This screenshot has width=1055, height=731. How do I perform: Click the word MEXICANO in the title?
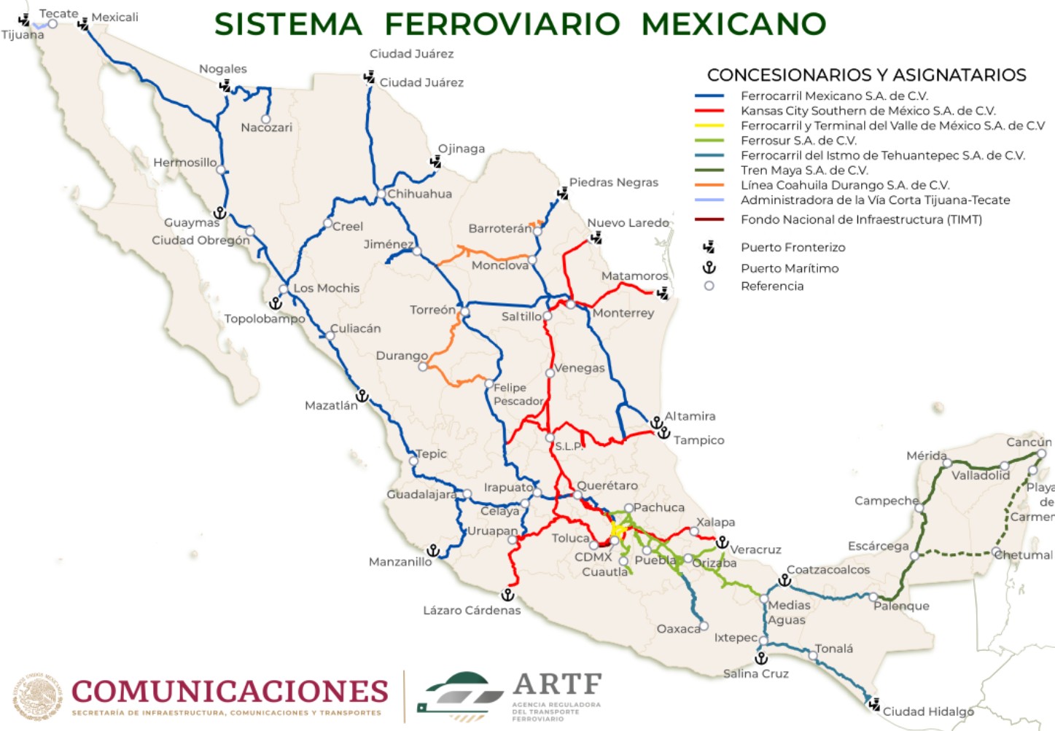click(x=733, y=24)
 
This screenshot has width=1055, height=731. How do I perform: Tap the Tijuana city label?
click(x=23, y=35)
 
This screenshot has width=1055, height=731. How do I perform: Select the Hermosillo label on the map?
click(x=184, y=163)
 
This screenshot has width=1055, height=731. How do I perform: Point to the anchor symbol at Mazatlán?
click(x=362, y=396)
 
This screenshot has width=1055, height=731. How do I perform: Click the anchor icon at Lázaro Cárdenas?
click(x=508, y=595)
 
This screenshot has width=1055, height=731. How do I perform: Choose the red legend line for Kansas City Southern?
click(x=709, y=111)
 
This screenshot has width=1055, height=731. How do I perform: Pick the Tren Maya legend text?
click(x=804, y=171)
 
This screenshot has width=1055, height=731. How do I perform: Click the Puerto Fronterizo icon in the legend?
click(x=709, y=247)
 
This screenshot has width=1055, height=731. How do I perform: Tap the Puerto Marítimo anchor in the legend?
click(x=709, y=267)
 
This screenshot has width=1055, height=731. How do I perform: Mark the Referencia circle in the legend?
click(x=709, y=286)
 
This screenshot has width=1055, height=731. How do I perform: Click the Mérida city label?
click(x=926, y=456)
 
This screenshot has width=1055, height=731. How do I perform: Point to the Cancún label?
click(x=1029, y=442)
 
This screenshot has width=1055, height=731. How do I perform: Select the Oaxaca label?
click(x=678, y=629)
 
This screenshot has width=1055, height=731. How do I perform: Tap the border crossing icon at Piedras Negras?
click(x=562, y=194)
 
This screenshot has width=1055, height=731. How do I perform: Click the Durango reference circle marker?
click(x=423, y=367)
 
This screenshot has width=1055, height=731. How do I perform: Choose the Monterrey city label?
click(x=623, y=313)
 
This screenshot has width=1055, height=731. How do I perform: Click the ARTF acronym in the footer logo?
click(x=558, y=684)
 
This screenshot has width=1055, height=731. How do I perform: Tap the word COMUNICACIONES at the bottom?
click(x=230, y=690)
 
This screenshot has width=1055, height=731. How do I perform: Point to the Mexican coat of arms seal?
click(x=37, y=696)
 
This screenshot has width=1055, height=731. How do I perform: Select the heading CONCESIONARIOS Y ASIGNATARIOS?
click(x=866, y=75)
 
